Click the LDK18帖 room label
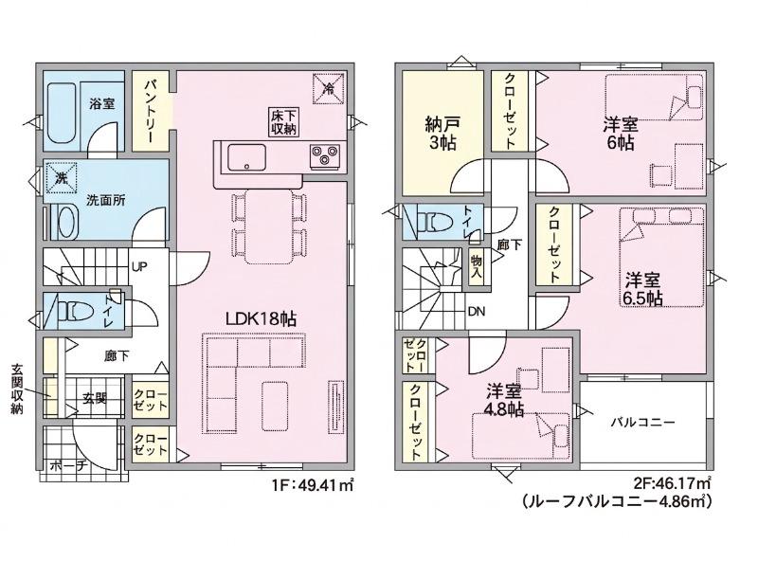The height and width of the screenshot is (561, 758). tap(262, 319)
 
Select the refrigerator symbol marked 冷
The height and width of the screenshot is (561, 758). tap(329, 88)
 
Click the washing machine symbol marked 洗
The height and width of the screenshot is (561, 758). tap(62, 177)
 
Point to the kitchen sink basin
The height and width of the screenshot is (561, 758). tap(246, 157)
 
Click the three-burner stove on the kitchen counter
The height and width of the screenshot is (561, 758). tap(324, 155)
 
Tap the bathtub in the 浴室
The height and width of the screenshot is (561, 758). tap(63, 113)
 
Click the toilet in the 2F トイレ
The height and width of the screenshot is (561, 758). tap(435, 223)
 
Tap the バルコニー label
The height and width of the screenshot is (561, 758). tap(641, 423)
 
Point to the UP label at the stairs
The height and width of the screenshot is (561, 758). tap(139, 266)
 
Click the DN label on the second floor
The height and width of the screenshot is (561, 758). tap(477, 312)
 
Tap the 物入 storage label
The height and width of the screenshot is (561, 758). tap(477, 266)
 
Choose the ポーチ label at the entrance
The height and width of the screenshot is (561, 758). tap(67, 465)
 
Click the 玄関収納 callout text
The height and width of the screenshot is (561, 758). tap(17, 390)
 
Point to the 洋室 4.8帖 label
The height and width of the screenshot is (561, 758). tap(504, 401)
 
